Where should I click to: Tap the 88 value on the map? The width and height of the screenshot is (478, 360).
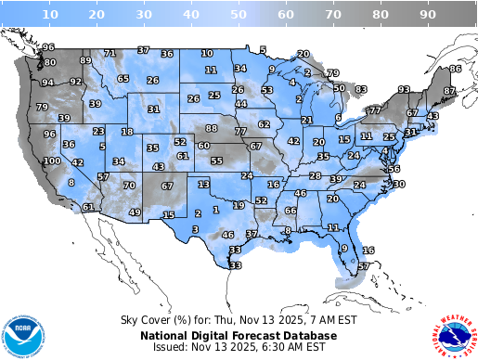click(212, 128)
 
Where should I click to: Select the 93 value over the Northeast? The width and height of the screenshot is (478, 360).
click(404, 90)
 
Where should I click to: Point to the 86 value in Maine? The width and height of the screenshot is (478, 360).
click(455, 69)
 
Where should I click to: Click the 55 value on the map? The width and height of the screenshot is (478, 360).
click(216, 161)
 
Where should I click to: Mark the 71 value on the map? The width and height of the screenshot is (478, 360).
click(110, 54)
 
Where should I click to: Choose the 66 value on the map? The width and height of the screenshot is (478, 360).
click(291, 211)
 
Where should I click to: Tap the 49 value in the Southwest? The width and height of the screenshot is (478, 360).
click(135, 212)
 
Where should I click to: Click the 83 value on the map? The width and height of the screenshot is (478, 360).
click(361, 89)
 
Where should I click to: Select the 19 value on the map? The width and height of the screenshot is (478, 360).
click(239, 205)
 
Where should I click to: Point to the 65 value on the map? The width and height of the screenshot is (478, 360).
click(123, 79)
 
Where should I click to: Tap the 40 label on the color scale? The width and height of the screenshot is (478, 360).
click(191, 15)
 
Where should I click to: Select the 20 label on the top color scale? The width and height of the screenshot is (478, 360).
click(97, 15)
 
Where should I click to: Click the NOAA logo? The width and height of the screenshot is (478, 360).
click(23, 332)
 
